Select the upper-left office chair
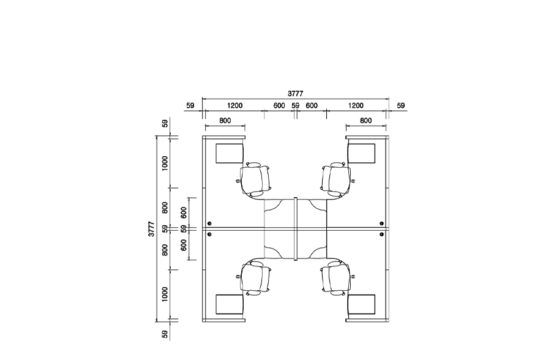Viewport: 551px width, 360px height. pyautogui.click(x=255, y=179)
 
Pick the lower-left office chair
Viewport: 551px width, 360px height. pyautogui.click(x=255, y=278)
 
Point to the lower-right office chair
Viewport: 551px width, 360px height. pyautogui.click(x=337, y=278)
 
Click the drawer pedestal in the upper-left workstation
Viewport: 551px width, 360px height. pyautogui.click(x=230, y=153)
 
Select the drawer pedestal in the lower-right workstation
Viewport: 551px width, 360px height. pyautogui.click(x=361, y=304)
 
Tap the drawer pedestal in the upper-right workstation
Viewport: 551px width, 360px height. pyautogui.click(x=361, y=153)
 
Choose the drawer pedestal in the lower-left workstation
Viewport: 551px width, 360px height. pyautogui.click(x=230, y=304)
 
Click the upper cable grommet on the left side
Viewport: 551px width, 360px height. pyautogui.click(x=209, y=223)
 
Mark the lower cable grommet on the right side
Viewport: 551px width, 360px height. pyautogui.click(x=381, y=234)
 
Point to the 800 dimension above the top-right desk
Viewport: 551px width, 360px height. pyautogui.click(x=366, y=121)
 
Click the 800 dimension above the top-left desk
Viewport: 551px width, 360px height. pyautogui.click(x=225, y=121)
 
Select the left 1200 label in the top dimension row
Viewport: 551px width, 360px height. pyautogui.click(x=234, y=105)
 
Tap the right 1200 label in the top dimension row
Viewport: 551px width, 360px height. pyautogui.click(x=356, y=105)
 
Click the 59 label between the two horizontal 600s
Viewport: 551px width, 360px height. pyautogui.click(x=296, y=105)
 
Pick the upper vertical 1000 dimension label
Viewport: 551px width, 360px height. pyautogui.click(x=165, y=163)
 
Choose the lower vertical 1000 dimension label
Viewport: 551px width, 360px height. pyautogui.click(x=165, y=294)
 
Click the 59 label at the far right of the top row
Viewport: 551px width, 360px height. pyautogui.click(x=400, y=105)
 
